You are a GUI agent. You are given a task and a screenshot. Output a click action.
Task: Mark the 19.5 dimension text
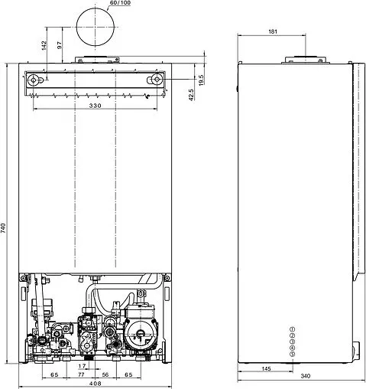coord(201,78)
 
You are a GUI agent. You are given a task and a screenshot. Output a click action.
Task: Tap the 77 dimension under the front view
coord(82,374)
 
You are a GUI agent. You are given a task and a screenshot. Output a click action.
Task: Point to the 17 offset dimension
coord(83,366)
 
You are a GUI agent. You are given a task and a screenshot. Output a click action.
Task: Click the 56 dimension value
coord(105,374)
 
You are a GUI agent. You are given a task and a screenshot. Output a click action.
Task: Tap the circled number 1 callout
coord(292,329)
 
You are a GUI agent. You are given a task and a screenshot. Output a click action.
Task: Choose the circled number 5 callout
coord(292,355)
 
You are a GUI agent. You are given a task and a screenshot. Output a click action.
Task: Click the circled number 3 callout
coord(292,342)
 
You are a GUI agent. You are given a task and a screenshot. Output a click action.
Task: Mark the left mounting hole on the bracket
coord(34,79)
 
